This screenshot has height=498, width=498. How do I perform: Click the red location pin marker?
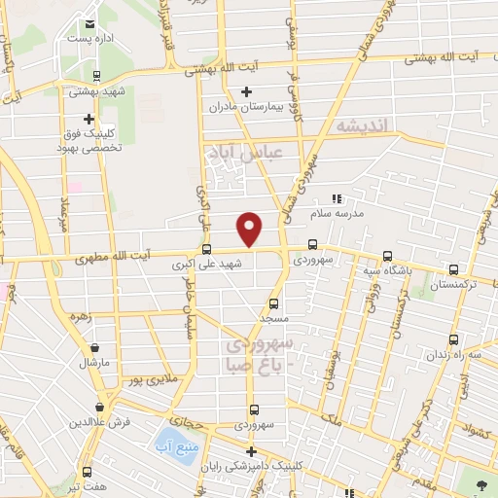pyautogui.click(x=250, y=228)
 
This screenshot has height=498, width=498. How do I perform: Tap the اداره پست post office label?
pyautogui.click(x=89, y=40)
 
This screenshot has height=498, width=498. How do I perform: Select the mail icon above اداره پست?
pyautogui.click(x=89, y=24)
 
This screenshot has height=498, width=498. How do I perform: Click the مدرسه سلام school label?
pyautogui.click(x=337, y=212)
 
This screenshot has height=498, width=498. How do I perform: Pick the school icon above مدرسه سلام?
pyautogui.click(x=337, y=198)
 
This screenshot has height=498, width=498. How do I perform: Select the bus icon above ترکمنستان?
pyautogui.click(x=452, y=270)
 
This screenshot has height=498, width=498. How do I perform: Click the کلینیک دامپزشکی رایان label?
pyautogui.click(x=249, y=467)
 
